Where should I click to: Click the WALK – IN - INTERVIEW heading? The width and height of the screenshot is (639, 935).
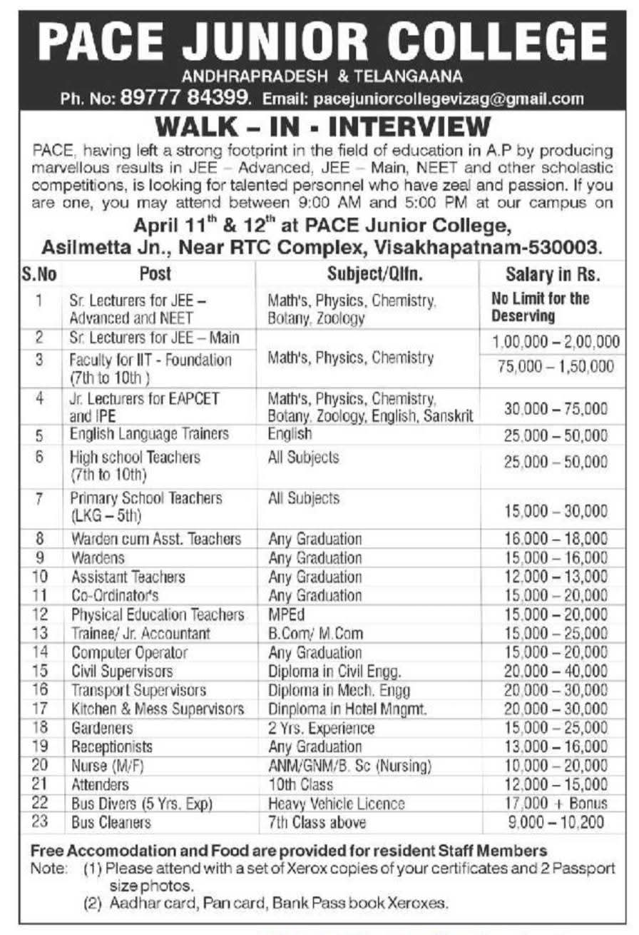[x=323, y=127]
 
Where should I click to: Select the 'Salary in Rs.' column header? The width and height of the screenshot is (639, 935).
[x=553, y=273]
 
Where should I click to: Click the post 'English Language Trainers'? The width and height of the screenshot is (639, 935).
[x=149, y=434]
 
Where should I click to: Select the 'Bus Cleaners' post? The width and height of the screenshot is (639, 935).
[x=111, y=822]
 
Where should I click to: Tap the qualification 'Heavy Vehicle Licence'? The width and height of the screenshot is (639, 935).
[x=336, y=804]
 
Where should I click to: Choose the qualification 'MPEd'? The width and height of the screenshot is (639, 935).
[x=285, y=615]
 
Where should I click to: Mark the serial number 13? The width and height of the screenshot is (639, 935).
[x=40, y=633]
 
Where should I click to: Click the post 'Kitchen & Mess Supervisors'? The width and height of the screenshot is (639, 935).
[x=157, y=709]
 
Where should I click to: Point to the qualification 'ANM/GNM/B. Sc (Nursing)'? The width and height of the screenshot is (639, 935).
[x=349, y=766]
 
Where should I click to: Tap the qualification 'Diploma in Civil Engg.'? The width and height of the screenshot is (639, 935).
[x=334, y=671]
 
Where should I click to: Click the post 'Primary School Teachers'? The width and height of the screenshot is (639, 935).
[x=145, y=498]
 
